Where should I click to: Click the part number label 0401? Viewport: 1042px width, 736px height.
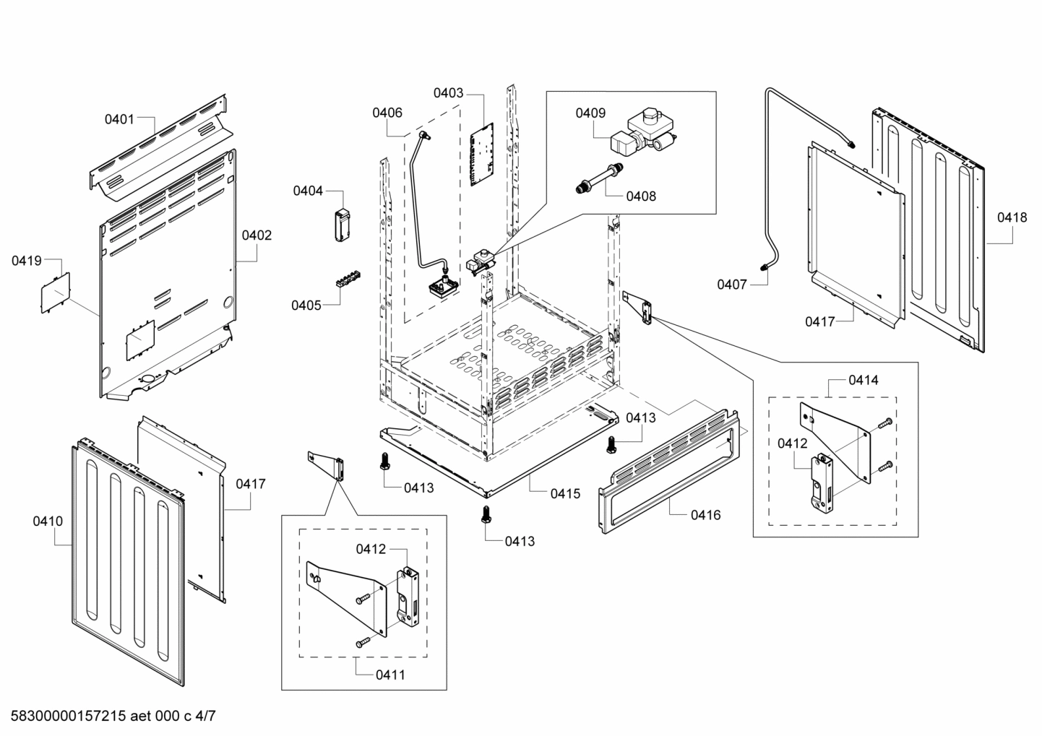tap(119, 119)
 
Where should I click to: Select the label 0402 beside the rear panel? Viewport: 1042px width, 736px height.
tap(257, 235)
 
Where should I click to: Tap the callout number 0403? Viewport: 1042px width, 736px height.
tap(448, 93)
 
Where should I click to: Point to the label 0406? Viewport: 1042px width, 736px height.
tap(387, 113)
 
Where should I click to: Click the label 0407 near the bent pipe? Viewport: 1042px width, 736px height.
tap(731, 285)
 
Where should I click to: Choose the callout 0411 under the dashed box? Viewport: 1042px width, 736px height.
tap(390, 675)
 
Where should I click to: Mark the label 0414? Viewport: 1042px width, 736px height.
tap(864, 380)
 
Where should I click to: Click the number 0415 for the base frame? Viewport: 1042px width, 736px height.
tap(565, 494)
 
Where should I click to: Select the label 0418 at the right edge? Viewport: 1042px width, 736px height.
tap(1012, 217)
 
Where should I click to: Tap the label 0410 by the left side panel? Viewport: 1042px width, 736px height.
tap(48, 521)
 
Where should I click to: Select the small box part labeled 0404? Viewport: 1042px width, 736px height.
tap(341, 224)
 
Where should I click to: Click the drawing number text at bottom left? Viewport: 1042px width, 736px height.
tap(109, 716)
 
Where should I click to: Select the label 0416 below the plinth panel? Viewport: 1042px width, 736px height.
tap(705, 515)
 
